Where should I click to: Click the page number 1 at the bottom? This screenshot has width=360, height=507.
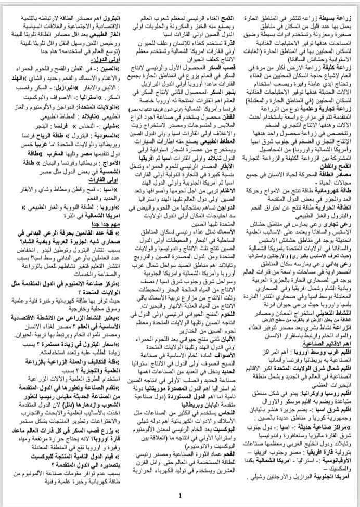(x=180, y=496)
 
